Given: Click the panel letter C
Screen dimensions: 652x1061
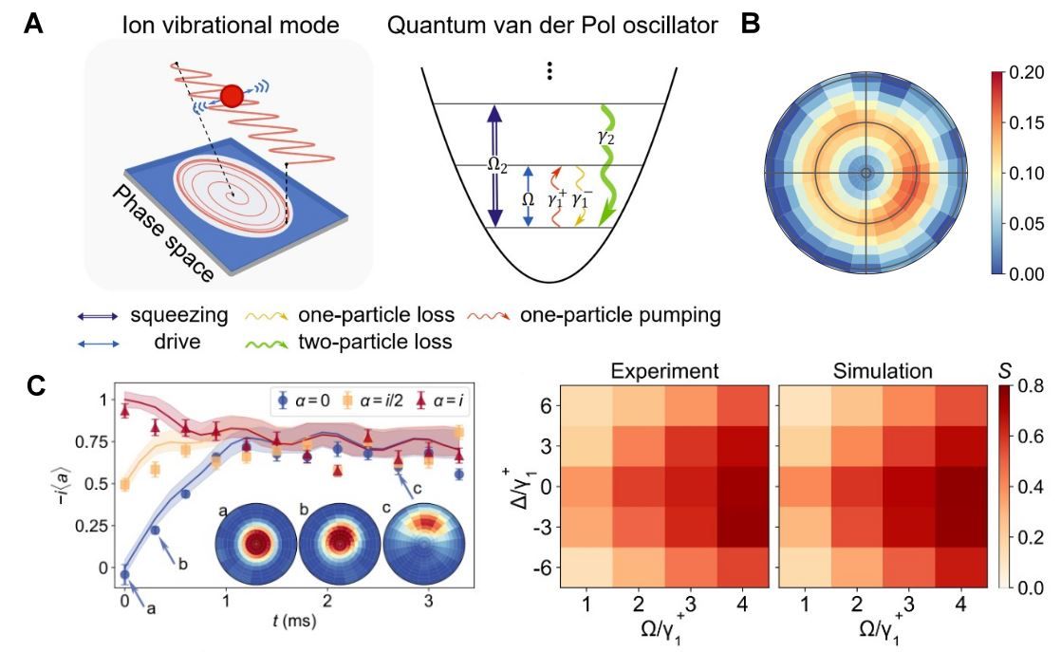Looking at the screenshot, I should coord(32,386).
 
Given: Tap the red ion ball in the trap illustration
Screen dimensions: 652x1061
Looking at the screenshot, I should coord(232,95).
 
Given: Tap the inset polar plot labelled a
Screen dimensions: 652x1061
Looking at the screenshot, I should coord(255,544).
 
